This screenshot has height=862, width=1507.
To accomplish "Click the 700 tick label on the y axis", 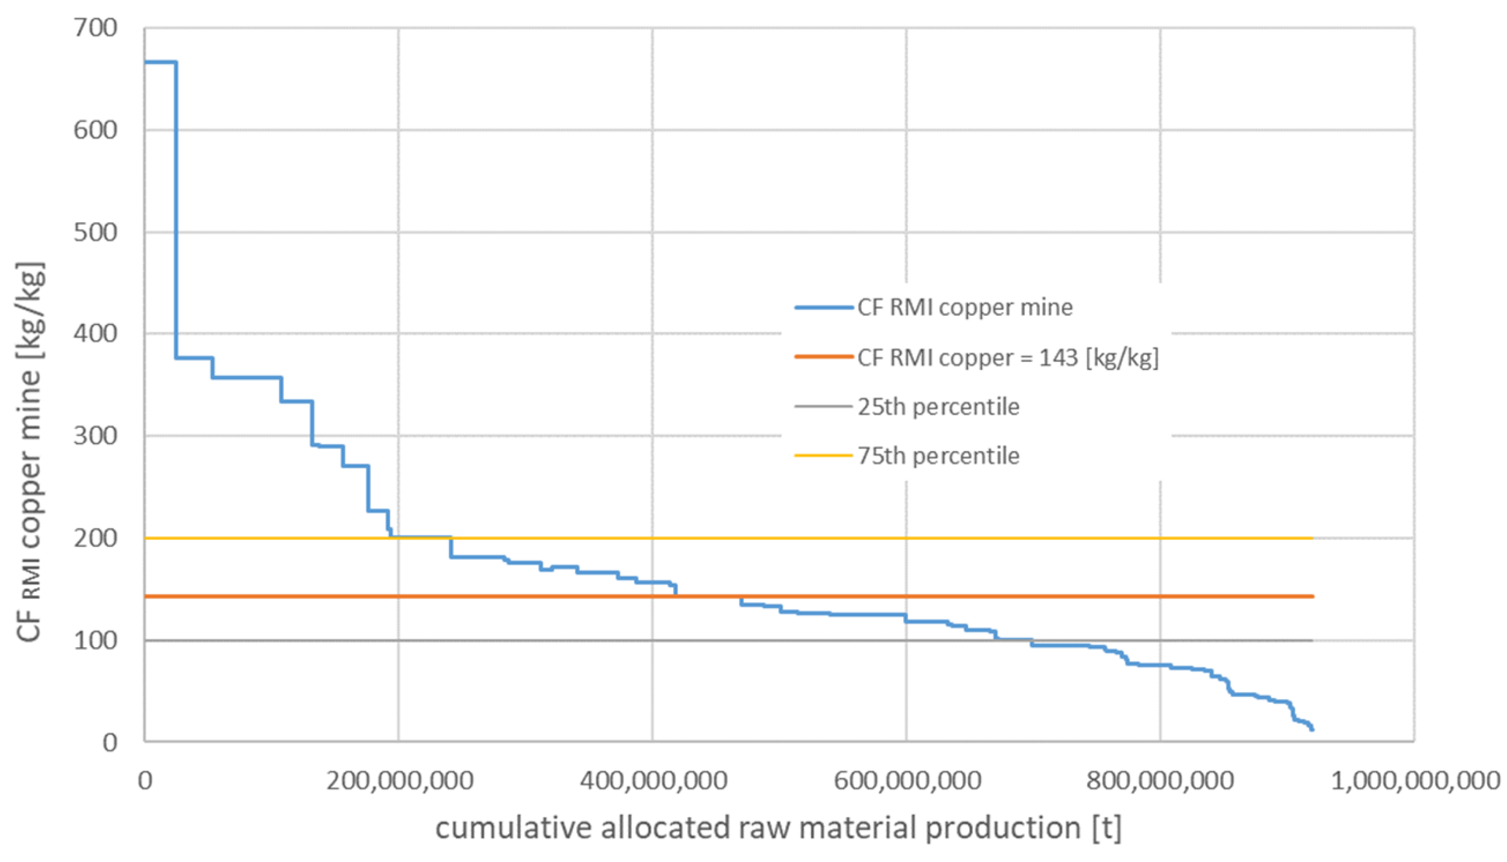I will [x=95, y=28].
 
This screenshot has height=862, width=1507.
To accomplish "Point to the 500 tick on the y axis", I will [x=95, y=232].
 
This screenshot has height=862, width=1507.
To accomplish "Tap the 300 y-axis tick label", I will [x=95, y=436].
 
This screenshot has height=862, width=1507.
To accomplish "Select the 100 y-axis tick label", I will [x=95, y=640].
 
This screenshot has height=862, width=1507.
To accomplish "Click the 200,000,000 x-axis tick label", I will [x=399, y=781].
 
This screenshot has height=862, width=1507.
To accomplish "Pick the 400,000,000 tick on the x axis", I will [x=653, y=781].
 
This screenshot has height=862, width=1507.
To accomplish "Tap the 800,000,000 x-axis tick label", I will [x=1160, y=781].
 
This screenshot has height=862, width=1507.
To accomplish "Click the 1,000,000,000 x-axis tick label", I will [x=1415, y=781].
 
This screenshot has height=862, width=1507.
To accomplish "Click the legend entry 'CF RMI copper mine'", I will [x=964, y=307].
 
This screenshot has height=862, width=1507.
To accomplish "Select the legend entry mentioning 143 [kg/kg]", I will [x=1007, y=358].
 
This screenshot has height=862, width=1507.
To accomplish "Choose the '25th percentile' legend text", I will [x=938, y=407].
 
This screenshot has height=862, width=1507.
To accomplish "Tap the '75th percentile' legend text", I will [x=938, y=456].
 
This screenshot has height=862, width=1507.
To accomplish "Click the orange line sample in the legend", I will [x=823, y=357].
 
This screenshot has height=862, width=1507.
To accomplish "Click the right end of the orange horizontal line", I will [x=1313, y=596].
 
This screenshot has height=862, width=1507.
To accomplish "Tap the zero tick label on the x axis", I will [x=145, y=781].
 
